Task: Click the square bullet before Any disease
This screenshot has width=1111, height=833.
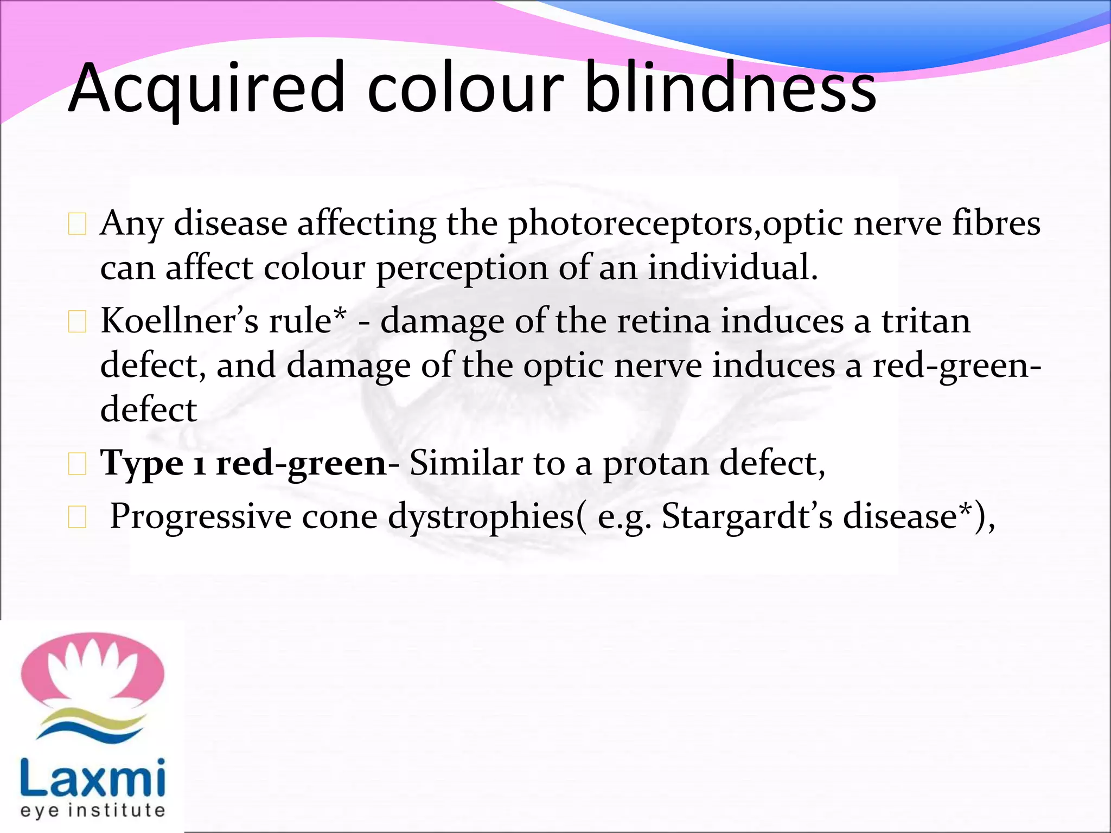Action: point(78,224)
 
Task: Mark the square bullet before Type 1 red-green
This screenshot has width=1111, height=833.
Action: point(78,464)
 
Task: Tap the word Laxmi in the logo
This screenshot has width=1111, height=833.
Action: point(92,778)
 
